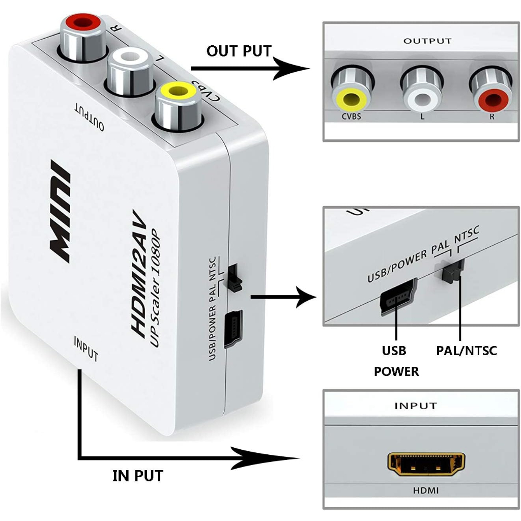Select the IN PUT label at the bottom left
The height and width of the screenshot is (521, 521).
[137, 476]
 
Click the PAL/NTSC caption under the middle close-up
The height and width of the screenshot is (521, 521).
[467, 351]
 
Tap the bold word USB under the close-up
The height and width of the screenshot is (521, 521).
[394, 351]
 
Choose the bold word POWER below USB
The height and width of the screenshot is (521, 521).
[396, 371]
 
